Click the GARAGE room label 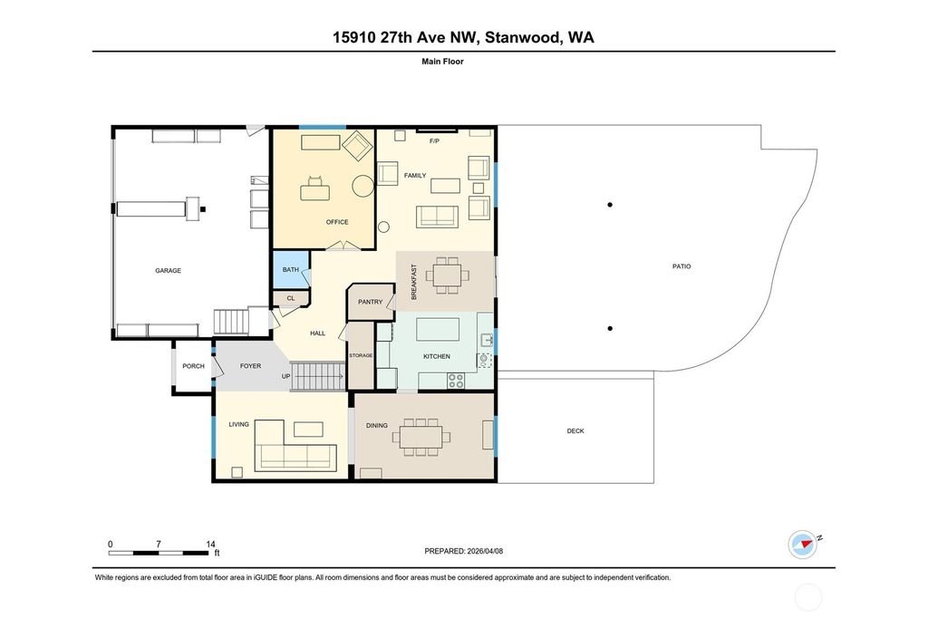(x=169, y=270)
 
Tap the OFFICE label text (x=337, y=222)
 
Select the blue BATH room (x=291, y=270)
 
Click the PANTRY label (x=371, y=302)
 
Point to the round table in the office (x=362, y=186)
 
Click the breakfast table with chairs (x=448, y=275)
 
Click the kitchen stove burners (x=456, y=381)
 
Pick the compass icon (x=802, y=543)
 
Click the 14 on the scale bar (x=210, y=544)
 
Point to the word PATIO (x=681, y=266)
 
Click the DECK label (x=575, y=431)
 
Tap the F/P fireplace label (x=434, y=142)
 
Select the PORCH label (x=193, y=366)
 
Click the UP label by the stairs (x=285, y=375)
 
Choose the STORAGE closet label (x=361, y=355)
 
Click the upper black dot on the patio (x=610, y=205)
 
